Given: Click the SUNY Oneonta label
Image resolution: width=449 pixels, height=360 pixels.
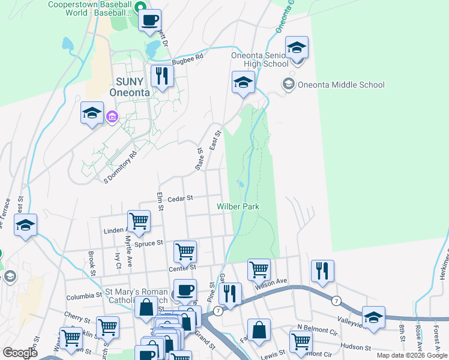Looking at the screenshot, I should [x=127, y=88].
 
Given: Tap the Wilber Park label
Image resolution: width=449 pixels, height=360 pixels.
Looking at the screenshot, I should [x=238, y=206].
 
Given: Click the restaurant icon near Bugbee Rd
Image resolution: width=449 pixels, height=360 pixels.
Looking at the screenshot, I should [x=162, y=76].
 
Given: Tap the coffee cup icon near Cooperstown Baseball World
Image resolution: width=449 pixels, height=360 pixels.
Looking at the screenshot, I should [x=149, y=20].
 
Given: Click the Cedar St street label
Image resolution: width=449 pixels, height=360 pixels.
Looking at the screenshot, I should [x=179, y=198].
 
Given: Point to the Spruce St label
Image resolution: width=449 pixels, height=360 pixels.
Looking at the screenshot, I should [x=152, y=243].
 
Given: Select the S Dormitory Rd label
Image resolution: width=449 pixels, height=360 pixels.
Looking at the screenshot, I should [x=121, y=162].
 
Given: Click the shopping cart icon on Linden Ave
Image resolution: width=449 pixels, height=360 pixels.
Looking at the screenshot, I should [x=139, y=221].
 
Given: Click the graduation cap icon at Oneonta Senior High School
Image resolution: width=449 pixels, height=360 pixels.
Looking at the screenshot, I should [x=297, y=47].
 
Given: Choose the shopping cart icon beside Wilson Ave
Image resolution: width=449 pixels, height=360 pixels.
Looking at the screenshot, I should [x=259, y=269].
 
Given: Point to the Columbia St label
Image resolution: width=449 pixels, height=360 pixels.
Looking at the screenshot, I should [x=84, y=296].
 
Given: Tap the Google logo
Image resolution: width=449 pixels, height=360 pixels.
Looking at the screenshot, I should [x=20, y=352].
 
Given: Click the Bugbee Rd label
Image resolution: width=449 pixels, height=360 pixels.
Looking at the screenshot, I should [x=188, y=57].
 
